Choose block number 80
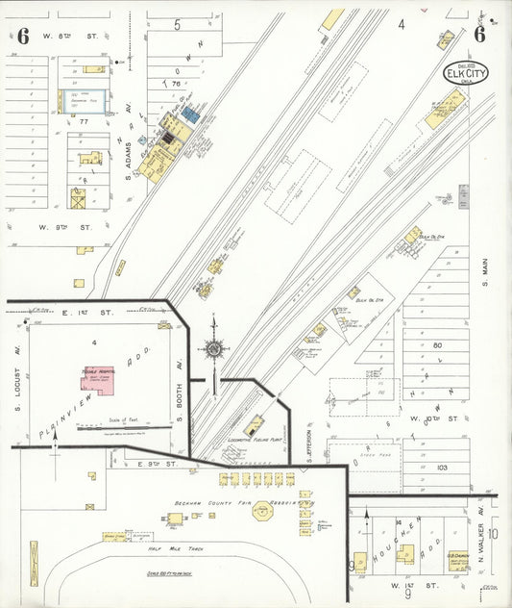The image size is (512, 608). click(x=437, y=344)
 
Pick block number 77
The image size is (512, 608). click(x=84, y=122)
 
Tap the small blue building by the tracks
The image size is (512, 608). click(x=190, y=114)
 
